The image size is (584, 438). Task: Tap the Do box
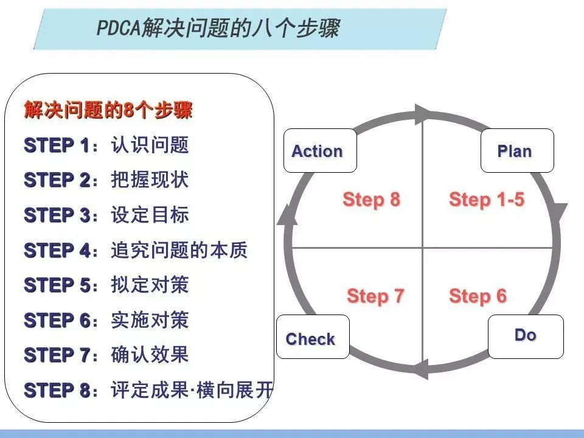(526, 336)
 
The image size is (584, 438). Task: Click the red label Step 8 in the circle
(371, 200)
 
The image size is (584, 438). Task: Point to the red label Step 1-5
(486, 200)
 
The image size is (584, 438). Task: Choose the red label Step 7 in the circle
(375, 296)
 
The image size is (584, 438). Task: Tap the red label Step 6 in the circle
(478, 296)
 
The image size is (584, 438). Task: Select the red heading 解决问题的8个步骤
(108, 111)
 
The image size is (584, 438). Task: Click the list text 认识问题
(150, 145)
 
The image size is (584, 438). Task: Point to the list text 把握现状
(150, 180)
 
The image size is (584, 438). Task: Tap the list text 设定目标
(150, 215)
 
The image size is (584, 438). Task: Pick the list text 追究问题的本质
(179, 250)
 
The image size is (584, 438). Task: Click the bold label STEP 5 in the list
(57, 285)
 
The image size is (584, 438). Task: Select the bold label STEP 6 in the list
(57, 320)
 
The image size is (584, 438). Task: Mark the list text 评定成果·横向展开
(192, 390)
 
